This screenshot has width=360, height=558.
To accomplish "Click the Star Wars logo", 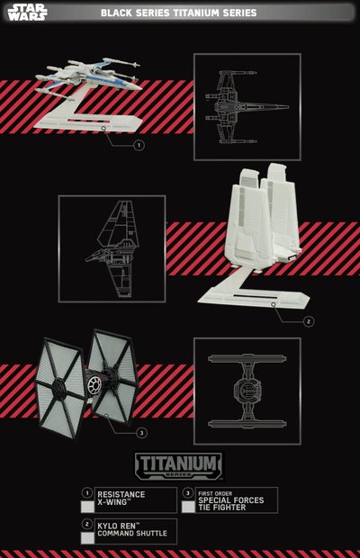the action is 27,13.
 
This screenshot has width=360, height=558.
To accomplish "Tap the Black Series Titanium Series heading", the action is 178,13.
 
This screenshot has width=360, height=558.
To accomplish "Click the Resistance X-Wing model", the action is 89,77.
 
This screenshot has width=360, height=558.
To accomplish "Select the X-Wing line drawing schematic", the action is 247,107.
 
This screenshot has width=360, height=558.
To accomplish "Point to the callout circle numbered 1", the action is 139,145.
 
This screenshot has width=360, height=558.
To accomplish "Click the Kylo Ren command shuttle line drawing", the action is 112,248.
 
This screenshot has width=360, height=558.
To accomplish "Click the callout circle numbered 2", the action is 309,321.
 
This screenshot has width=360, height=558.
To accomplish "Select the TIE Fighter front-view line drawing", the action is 247,391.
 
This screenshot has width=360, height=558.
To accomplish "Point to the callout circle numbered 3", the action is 142,433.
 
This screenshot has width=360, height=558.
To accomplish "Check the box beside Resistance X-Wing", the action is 87,507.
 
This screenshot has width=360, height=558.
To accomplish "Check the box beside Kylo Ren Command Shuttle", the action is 87,538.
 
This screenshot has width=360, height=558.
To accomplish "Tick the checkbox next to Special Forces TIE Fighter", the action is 188,507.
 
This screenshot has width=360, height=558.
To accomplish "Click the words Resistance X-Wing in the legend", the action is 121,499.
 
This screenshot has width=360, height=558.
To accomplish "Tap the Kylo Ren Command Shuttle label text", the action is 132,529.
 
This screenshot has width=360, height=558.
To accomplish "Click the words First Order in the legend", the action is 215,493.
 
